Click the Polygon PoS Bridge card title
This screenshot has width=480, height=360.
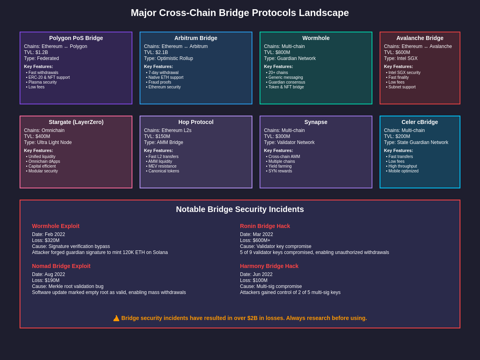coord(76,38)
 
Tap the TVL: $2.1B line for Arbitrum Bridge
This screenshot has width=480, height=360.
coord(156,52)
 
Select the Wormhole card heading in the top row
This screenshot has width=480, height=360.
coord(316,38)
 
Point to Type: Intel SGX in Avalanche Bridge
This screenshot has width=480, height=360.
coord(401,58)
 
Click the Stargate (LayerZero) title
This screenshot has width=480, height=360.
coord(76,122)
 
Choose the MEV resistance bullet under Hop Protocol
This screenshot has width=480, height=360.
coord(162,166)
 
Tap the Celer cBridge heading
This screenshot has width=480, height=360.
coord(420,122)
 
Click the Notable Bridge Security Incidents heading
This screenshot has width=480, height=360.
coord(240,209)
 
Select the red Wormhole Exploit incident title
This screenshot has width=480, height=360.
coord(56,226)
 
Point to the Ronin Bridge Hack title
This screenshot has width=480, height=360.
coord(265,226)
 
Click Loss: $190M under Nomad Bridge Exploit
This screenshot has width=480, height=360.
coord(46,280)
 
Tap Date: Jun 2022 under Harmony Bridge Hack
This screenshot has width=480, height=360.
coord(256,274)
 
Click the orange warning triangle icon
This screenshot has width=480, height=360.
coord(116,318)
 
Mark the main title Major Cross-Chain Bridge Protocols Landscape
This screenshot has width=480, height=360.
coord(240,13)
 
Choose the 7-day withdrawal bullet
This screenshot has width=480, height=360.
coord(163,73)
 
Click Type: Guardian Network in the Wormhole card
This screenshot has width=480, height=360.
coord(290,58)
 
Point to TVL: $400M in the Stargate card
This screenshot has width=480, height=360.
coord(37,136)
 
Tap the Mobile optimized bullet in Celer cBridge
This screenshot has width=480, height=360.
coord(403,171)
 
